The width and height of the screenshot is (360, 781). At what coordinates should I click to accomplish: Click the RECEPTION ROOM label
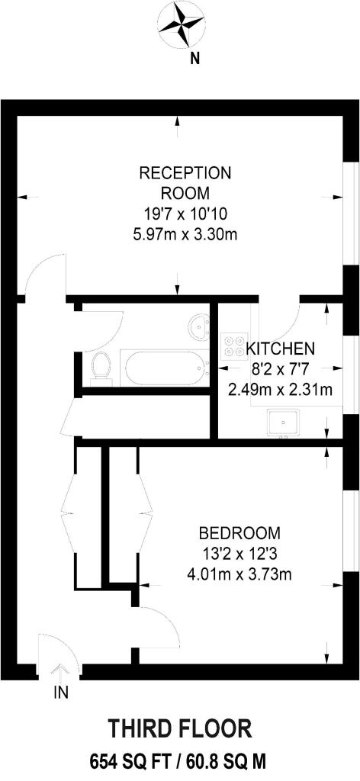click(x=184, y=182)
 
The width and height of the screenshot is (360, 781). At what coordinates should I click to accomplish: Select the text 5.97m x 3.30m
click(x=184, y=234)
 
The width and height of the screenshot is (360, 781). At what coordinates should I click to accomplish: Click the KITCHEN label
click(x=280, y=349)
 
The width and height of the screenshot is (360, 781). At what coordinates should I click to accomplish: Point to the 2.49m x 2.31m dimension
click(x=280, y=390)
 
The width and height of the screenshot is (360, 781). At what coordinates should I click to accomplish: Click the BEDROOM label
click(x=239, y=532)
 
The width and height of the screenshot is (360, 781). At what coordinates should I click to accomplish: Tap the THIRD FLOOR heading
click(x=180, y=728)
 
